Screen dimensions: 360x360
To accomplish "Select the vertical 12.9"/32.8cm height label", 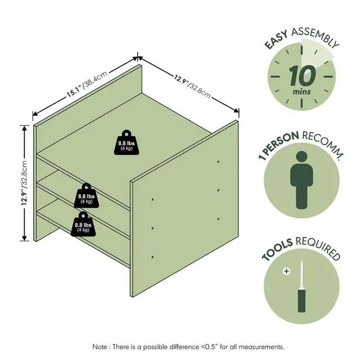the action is pyautogui.click(x=24, y=183).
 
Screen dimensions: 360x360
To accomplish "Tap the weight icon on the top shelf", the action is pyautogui.click(x=127, y=142).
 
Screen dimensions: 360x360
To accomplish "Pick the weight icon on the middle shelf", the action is pyautogui.click(x=86, y=196).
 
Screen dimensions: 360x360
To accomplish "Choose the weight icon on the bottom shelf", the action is pyautogui.click(x=83, y=224).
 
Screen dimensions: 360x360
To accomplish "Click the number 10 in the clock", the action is pyautogui.click(x=302, y=75).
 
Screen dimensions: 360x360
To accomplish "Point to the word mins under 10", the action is pyautogui.click(x=301, y=92).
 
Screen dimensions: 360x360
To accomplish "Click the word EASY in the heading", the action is pyautogui.click(x=276, y=40).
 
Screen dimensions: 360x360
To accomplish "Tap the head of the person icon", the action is pyautogui.click(x=301, y=157).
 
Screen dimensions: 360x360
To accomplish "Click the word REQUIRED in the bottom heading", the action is pyautogui.click(x=318, y=247).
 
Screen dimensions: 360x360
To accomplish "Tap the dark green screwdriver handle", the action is pyautogui.click(x=301, y=300).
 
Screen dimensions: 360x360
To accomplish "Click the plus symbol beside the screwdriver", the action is pyautogui.click(x=286, y=271).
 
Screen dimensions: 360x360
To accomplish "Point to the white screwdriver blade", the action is pyautogui.click(x=301, y=275).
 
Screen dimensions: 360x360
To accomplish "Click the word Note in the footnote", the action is pyautogui.click(x=100, y=346).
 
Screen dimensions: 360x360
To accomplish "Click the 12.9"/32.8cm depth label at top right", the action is pyautogui.click(x=192, y=86).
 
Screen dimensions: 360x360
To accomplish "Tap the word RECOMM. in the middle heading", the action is pyautogui.click(x=323, y=144).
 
